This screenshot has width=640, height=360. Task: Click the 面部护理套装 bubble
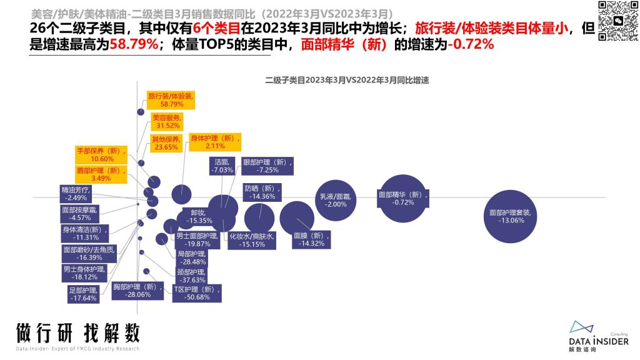click(x=510, y=216)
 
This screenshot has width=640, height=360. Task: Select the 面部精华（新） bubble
click(x=403, y=198)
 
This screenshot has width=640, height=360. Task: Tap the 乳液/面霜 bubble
click(x=336, y=201)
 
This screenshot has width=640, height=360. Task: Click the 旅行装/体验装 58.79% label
click(x=171, y=100)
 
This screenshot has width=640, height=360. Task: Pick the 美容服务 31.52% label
click(x=167, y=122)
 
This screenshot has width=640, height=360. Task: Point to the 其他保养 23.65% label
click(x=166, y=143)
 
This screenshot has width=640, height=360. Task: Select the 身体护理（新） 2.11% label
click(x=215, y=142)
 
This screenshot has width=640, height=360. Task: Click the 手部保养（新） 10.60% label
click(x=101, y=155)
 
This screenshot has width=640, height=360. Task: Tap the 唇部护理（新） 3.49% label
click(x=101, y=174)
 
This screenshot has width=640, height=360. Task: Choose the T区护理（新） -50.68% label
click(x=197, y=293)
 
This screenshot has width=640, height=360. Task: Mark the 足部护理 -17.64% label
click(x=83, y=294)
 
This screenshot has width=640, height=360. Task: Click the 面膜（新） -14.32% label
click(x=311, y=239)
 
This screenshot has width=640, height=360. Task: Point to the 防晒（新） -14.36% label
click(x=262, y=192)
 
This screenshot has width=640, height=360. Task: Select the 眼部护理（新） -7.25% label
click(x=267, y=166)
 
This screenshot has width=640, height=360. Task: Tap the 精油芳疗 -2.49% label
click(x=76, y=194)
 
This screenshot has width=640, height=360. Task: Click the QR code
click(x=618, y=21)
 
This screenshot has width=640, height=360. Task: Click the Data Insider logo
click(x=599, y=336)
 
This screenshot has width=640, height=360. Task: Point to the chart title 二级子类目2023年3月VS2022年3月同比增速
click(x=347, y=80)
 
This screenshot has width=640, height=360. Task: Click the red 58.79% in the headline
click(x=134, y=44)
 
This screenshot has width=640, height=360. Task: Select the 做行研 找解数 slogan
click(x=78, y=332)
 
